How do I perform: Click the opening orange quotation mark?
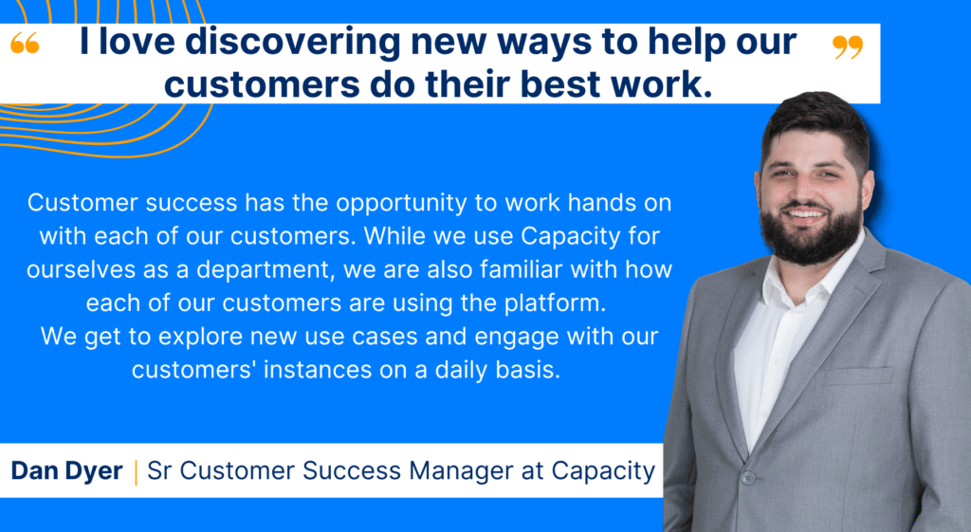point(25,43)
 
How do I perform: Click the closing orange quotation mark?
point(847,46)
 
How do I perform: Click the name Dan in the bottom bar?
point(34,470)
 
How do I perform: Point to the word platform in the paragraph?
point(554,303)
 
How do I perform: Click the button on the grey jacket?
point(748,478)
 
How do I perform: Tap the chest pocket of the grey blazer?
point(857,376)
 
